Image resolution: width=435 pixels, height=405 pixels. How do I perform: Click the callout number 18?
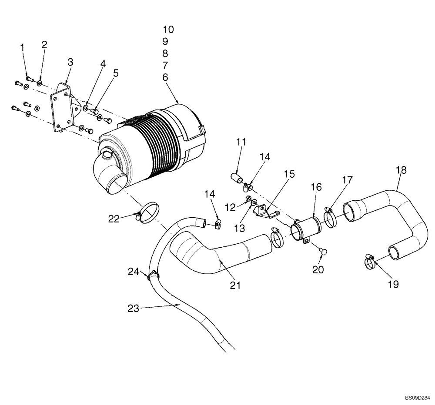[x=401, y=170]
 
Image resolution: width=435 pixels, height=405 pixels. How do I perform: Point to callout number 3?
[x=70, y=62]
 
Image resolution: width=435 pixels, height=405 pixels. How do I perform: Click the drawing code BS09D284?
[x=417, y=398]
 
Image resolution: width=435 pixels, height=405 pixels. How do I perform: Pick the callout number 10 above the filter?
[x=168, y=30]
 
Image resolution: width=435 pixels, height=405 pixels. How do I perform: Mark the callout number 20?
[x=318, y=270]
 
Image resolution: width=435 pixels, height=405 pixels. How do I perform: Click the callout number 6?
[x=165, y=77]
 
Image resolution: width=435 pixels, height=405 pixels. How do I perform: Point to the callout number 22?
[x=114, y=219]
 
